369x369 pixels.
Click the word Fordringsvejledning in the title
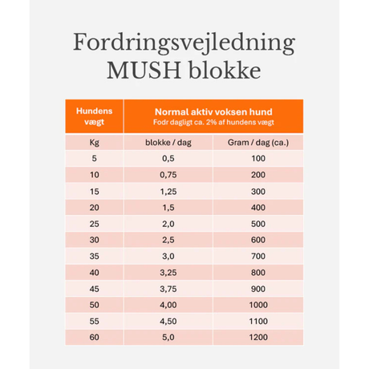[184, 44]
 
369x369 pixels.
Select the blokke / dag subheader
[168, 143]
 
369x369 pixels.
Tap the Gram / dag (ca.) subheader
[257, 143]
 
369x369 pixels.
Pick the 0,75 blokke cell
[168, 175]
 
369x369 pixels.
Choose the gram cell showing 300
[257, 192]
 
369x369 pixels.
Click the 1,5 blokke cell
[168, 208]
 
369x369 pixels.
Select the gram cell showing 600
[257, 240]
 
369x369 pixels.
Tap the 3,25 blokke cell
[168, 273]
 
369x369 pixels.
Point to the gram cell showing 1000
[257, 305]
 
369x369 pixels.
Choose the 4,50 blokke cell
[168, 321]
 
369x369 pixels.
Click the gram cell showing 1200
[257, 338]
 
